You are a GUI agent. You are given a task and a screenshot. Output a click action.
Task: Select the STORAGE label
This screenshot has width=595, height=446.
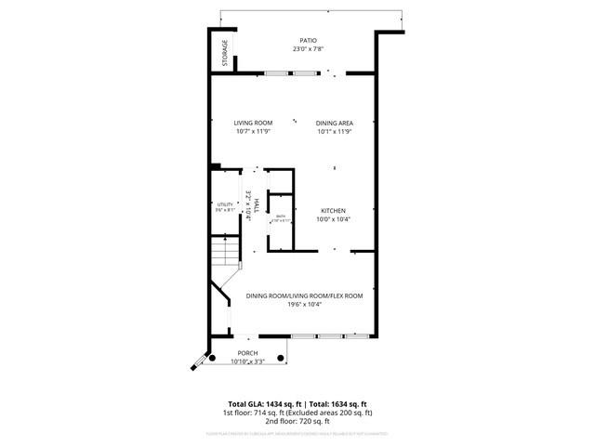pyautogui.click(x=224, y=52)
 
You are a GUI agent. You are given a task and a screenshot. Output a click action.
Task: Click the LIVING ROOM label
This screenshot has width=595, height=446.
pyautogui.click(x=252, y=123)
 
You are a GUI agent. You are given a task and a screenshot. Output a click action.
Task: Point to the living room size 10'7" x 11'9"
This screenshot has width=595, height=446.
pyautogui.click(x=252, y=131)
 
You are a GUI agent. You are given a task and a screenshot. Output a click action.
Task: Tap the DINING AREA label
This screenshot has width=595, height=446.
pyautogui.click(x=334, y=123)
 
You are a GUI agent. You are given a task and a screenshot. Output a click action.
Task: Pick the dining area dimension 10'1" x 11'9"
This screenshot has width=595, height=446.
pyautogui.click(x=334, y=131)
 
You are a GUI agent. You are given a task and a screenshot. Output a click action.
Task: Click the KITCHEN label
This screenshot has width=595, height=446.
pyautogui.click(x=334, y=210)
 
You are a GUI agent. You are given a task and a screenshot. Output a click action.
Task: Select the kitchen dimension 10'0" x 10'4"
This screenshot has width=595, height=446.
pyautogui.click(x=334, y=219)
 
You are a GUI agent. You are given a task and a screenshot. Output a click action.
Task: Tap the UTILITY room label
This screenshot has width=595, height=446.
pyautogui.click(x=224, y=204)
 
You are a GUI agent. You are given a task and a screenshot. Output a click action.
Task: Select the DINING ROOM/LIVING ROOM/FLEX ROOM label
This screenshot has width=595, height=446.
pyautogui.click(x=304, y=295)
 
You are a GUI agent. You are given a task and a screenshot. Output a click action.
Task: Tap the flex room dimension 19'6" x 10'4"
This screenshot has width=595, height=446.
pyautogui.click(x=304, y=305)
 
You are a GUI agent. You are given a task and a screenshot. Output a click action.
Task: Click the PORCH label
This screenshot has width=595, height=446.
pyautogui.click(x=247, y=353)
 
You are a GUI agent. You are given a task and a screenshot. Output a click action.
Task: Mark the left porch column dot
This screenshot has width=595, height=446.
pyautogui.click(x=212, y=357)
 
